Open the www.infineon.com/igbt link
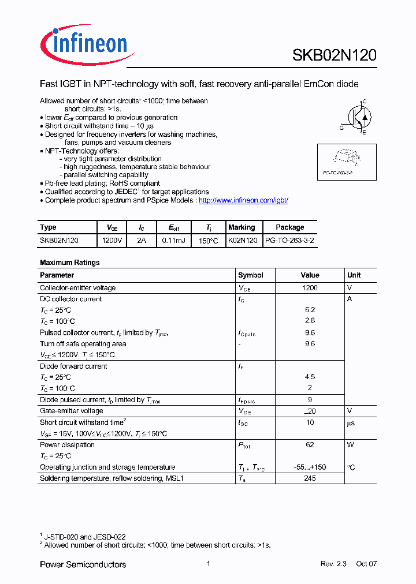point(243,200)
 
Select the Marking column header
point(242,227)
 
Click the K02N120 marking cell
point(243,239)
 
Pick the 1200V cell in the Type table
point(112,239)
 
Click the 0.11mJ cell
point(173,239)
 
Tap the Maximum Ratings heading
point(69,263)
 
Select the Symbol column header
point(251,275)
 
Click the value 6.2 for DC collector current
point(310,310)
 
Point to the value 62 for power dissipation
point(310,445)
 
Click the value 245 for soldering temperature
point(310,478)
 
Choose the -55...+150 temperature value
point(310,467)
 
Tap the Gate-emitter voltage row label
point(72,411)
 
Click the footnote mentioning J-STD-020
point(84,537)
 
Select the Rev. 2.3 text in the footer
point(333,564)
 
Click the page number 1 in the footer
point(208,564)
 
